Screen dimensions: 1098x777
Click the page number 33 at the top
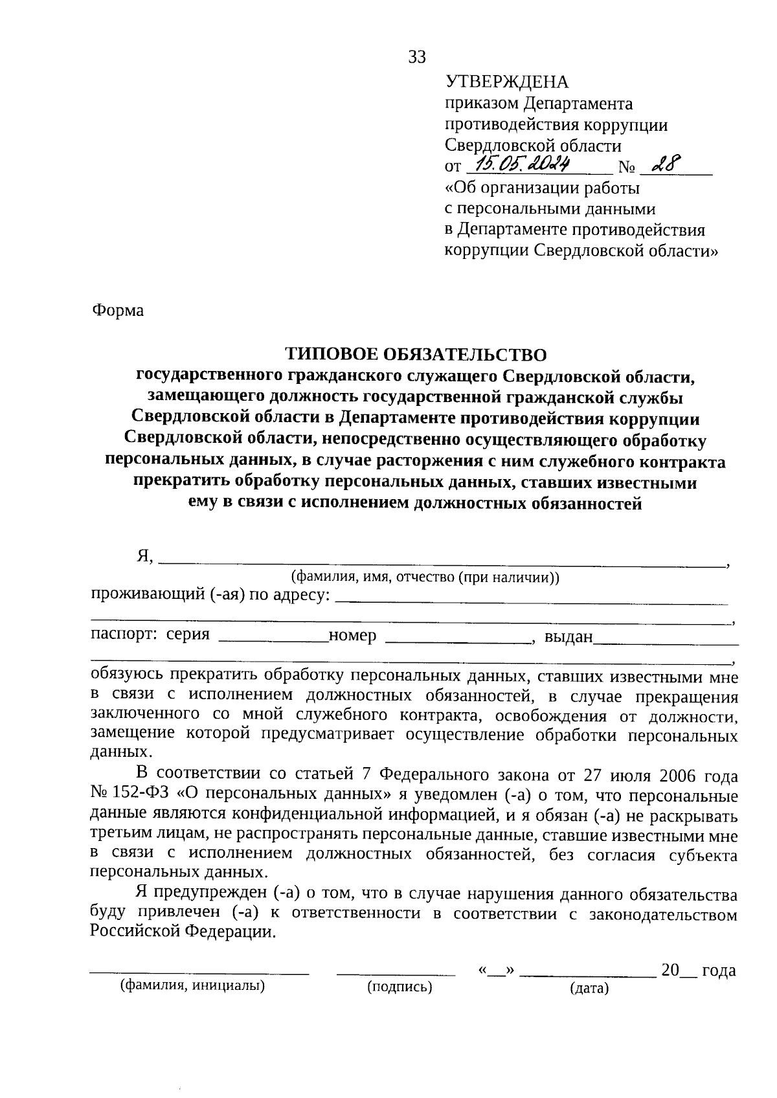tap(417, 58)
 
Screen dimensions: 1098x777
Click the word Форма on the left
tap(117, 311)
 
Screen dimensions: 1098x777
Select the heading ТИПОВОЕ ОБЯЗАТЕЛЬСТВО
tap(416, 354)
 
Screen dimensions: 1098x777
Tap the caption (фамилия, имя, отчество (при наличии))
tap(425, 577)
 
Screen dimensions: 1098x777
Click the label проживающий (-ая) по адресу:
tap(210, 595)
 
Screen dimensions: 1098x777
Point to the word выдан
tap(569, 637)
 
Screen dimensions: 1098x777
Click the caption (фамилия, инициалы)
tap(192, 986)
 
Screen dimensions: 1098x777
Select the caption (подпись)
tap(399, 987)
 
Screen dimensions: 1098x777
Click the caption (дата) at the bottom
tap(589, 989)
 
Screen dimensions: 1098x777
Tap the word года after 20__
tap(719, 971)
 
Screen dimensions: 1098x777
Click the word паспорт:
tap(124, 635)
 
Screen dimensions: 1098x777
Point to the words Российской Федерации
tap(182, 932)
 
